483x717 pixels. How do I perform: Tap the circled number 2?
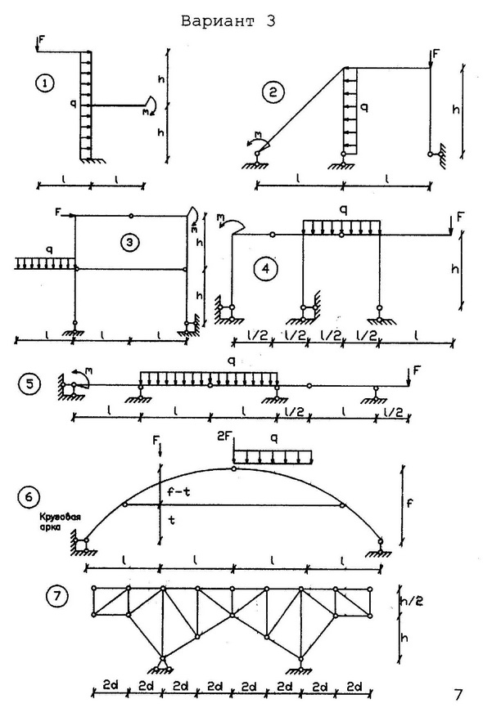coord(273,93)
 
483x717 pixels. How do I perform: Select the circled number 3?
coord(129,242)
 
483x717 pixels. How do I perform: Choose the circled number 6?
coord(29,496)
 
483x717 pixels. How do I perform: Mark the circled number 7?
coord(57,596)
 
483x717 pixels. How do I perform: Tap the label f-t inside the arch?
coord(178,492)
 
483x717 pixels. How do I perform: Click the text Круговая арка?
coord(60,522)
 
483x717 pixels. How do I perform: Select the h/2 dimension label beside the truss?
coord(411,600)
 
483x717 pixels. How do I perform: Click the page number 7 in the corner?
coord(458,695)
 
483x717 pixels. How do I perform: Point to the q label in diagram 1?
coord(73,104)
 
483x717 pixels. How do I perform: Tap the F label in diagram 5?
coord(416,370)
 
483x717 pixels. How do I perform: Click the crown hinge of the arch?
coord(234,468)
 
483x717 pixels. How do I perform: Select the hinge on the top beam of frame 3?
coord(132,215)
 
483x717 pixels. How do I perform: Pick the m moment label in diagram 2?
coord(259,134)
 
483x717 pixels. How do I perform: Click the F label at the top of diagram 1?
coord(41,38)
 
